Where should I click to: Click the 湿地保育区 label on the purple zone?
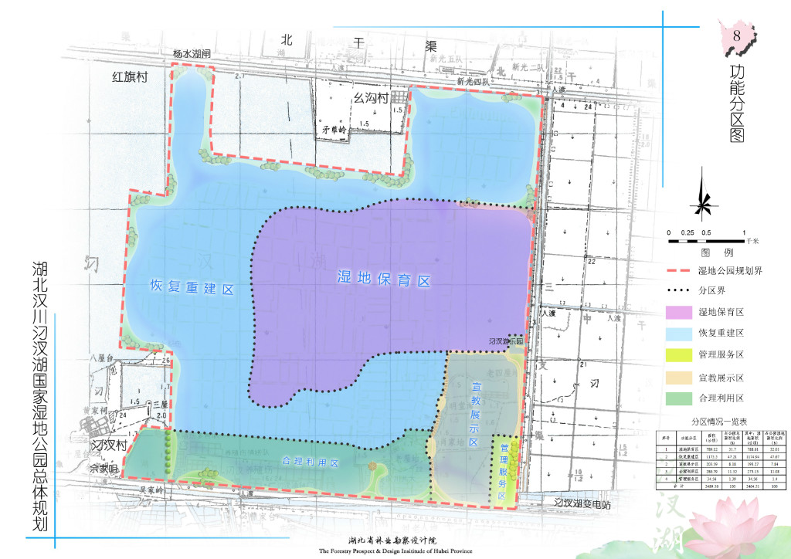(x=383, y=279)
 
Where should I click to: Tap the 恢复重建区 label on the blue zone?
(x=192, y=287)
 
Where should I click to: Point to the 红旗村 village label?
(x=129, y=77)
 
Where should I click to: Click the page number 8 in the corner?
(x=737, y=36)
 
